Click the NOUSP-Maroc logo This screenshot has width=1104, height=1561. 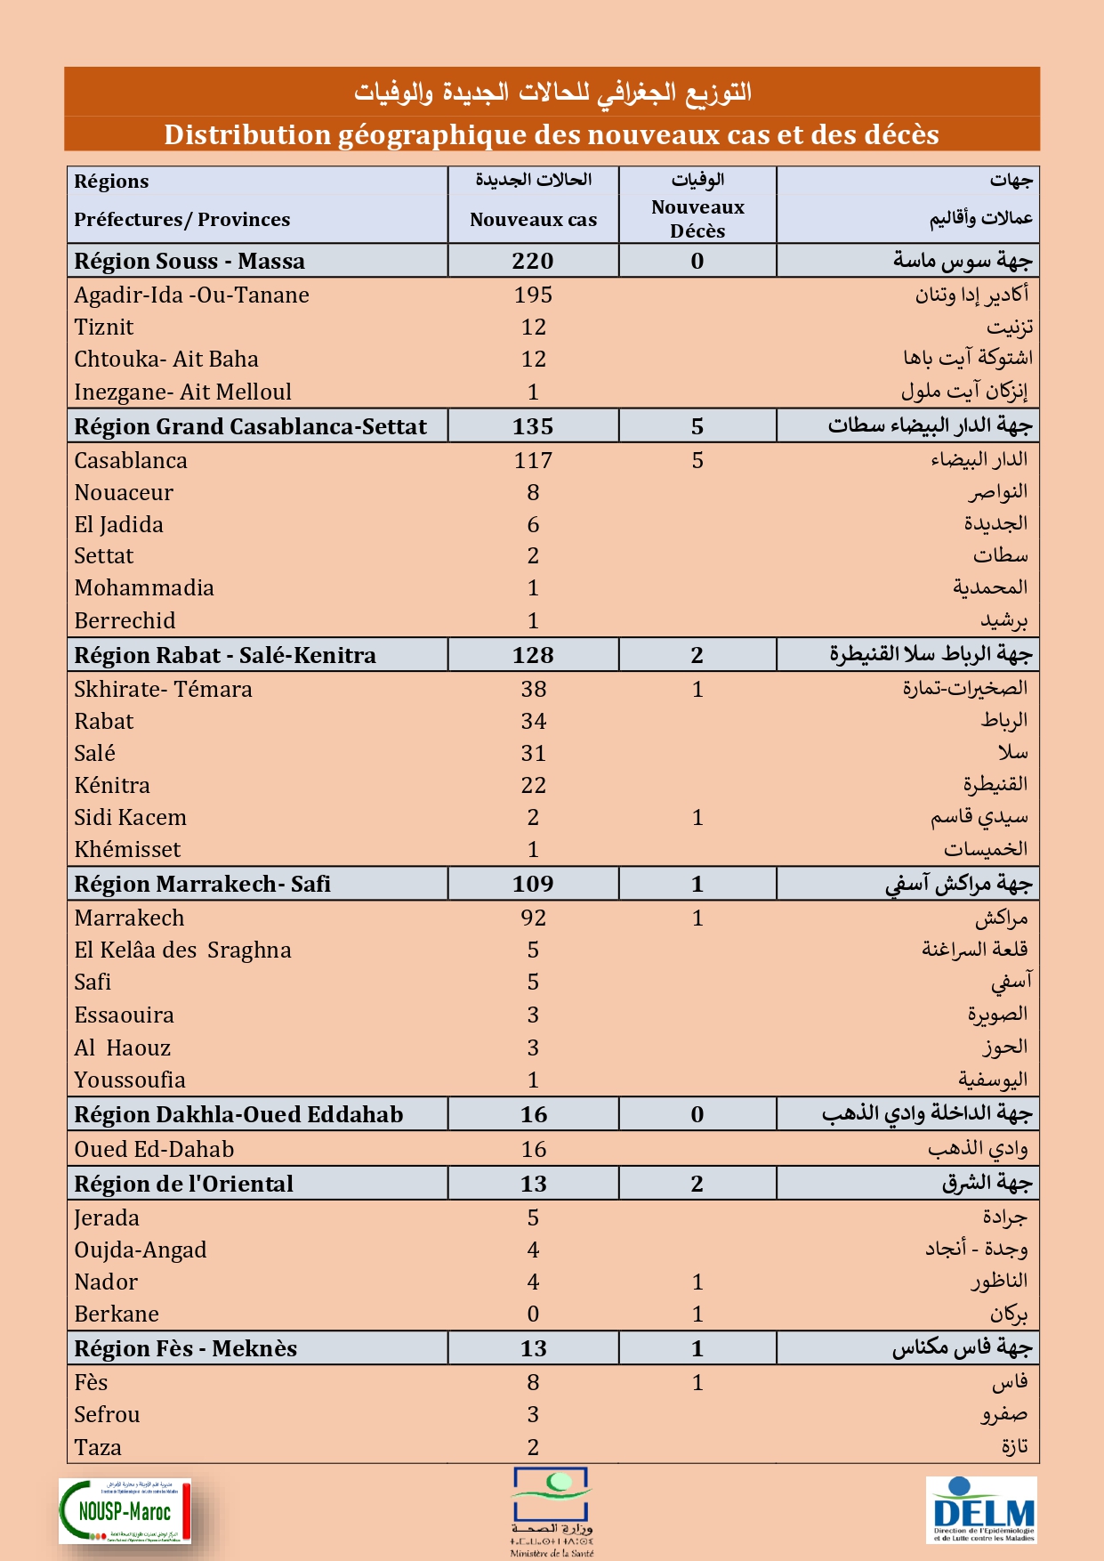125,1510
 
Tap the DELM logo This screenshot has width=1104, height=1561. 982,1509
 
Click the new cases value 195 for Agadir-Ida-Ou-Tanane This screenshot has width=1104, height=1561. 533,295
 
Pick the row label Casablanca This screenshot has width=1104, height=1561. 131,461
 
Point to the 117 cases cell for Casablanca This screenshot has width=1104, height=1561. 533,461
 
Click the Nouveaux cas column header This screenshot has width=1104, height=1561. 533,220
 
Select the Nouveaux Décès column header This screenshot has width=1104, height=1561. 697,219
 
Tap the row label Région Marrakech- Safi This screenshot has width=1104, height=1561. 202,884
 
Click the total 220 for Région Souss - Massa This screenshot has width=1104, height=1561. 533,262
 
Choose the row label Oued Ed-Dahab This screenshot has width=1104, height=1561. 154,1150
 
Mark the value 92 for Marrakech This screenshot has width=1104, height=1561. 533,918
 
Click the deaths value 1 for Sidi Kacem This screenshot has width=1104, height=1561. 697,818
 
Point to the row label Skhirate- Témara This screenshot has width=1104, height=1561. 163,690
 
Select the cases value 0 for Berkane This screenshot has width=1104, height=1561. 533,1314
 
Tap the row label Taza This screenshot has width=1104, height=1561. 98,1448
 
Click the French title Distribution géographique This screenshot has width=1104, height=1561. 552,135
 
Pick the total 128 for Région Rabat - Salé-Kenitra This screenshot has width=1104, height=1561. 533,656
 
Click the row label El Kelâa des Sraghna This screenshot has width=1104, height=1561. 182,950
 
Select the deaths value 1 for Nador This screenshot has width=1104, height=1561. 697,1282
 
